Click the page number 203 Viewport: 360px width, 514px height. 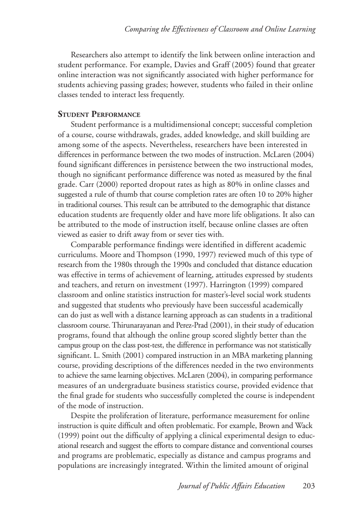(308, 486)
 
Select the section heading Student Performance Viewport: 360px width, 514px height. (99, 114)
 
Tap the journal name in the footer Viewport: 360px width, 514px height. (231, 486)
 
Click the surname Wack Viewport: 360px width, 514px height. (304, 425)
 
